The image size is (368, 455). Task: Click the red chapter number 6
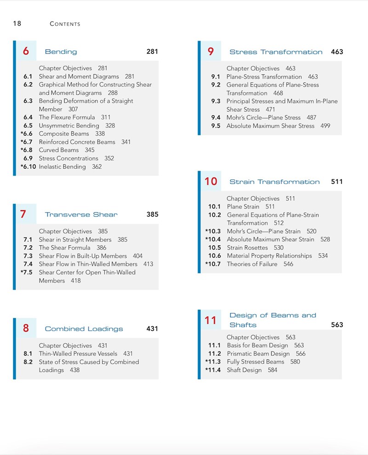(x=26, y=52)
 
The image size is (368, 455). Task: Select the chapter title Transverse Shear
(x=81, y=214)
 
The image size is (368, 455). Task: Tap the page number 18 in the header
(x=17, y=23)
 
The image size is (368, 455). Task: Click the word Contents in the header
(x=65, y=24)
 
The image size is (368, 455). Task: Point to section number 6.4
(x=28, y=117)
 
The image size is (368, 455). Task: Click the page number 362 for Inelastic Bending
(x=97, y=167)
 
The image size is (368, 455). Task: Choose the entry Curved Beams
(x=59, y=150)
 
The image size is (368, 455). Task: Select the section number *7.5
(x=27, y=272)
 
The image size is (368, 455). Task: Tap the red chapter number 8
(x=26, y=328)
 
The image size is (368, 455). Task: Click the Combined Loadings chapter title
(x=84, y=329)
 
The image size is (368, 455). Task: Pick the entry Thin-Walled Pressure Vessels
(x=78, y=354)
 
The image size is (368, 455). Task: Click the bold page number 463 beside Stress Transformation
(x=337, y=52)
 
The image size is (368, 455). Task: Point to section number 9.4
(x=216, y=117)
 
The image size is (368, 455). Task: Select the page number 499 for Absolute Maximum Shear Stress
(x=325, y=126)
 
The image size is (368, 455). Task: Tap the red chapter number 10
(x=211, y=181)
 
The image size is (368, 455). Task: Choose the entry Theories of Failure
(x=252, y=264)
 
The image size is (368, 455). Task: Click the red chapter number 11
(x=211, y=320)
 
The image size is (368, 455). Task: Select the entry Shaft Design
(x=244, y=370)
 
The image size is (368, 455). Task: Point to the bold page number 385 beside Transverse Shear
(x=152, y=214)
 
